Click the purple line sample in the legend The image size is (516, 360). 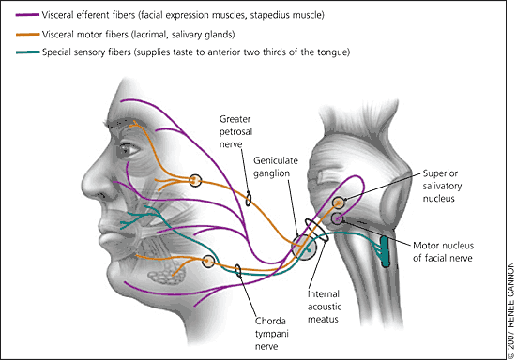click(x=27, y=15)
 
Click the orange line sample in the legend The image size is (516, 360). click(x=27, y=34)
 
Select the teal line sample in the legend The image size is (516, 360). click(x=27, y=52)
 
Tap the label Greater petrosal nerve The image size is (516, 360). click(x=235, y=131)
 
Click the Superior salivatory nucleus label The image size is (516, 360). click(x=442, y=186)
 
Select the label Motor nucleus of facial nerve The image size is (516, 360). click(x=443, y=251)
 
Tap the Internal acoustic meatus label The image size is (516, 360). click(x=325, y=307)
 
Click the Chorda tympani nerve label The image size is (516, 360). click(x=271, y=334)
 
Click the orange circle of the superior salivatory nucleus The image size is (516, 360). click(x=338, y=202)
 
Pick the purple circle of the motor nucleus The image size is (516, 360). click(x=338, y=218)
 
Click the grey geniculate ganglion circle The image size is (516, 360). click(x=304, y=247)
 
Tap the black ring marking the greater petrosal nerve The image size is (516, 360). click(x=249, y=199)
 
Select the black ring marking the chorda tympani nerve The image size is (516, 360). click(x=238, y=271)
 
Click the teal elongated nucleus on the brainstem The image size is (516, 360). click(x=385, y=251)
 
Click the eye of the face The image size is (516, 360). click(x=129, y=150)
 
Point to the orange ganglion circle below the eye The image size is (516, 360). click(x=195, y=180)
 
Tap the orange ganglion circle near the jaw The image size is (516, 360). click(x=208, y=261)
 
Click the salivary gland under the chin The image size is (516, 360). click(x=167, y=273)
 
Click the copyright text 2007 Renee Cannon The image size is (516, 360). click(x=510, y=309)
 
